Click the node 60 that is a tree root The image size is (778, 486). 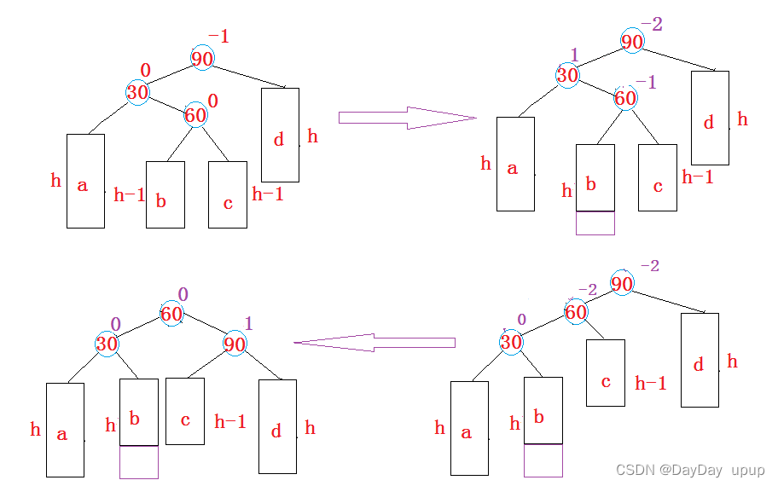tap(171, 314)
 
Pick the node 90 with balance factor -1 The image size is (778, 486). tap(202, 59)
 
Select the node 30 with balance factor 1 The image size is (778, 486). tap(567, 75)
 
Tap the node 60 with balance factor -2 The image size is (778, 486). tap(576, 312)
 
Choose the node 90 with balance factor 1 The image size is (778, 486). tap(235, 344)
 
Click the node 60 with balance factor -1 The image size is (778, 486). tap(625, 98)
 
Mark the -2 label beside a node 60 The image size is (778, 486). tap(587, 292)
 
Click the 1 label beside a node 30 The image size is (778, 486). tap(574, 55)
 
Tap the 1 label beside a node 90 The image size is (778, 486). tap(249, 323)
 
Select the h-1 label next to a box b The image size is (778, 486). tap(130, 195)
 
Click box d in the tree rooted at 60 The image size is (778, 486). tap(277, 426)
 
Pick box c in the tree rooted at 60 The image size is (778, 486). tap(184, 411)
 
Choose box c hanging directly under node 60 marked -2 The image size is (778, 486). tap(605, 373)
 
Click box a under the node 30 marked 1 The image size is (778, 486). tap(515, 164)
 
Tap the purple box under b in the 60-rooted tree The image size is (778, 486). tap(138, 461)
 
